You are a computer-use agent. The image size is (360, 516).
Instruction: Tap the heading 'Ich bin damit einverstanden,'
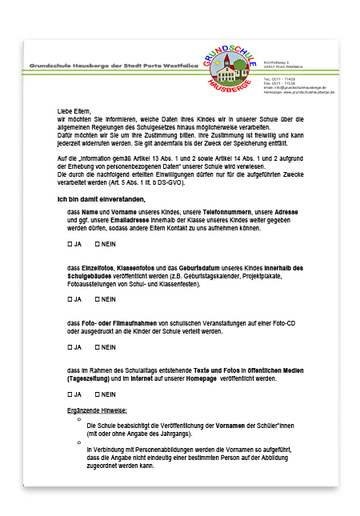101,198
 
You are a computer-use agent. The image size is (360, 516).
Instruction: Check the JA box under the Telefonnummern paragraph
70,242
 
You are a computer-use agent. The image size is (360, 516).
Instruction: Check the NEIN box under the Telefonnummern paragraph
97,242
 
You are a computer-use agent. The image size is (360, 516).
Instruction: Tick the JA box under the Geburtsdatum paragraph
70,298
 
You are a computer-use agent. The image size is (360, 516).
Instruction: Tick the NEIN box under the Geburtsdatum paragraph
97,298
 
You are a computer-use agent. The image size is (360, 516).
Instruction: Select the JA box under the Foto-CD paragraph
70,347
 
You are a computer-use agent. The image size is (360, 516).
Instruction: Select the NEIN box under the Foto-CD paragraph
97,347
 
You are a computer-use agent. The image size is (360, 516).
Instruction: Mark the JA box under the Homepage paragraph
70,394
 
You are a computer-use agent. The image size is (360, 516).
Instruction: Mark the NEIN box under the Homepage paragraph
97,394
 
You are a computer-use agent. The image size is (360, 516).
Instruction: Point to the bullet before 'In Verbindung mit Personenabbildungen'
78,442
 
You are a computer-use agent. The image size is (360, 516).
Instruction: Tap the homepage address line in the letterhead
298,93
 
